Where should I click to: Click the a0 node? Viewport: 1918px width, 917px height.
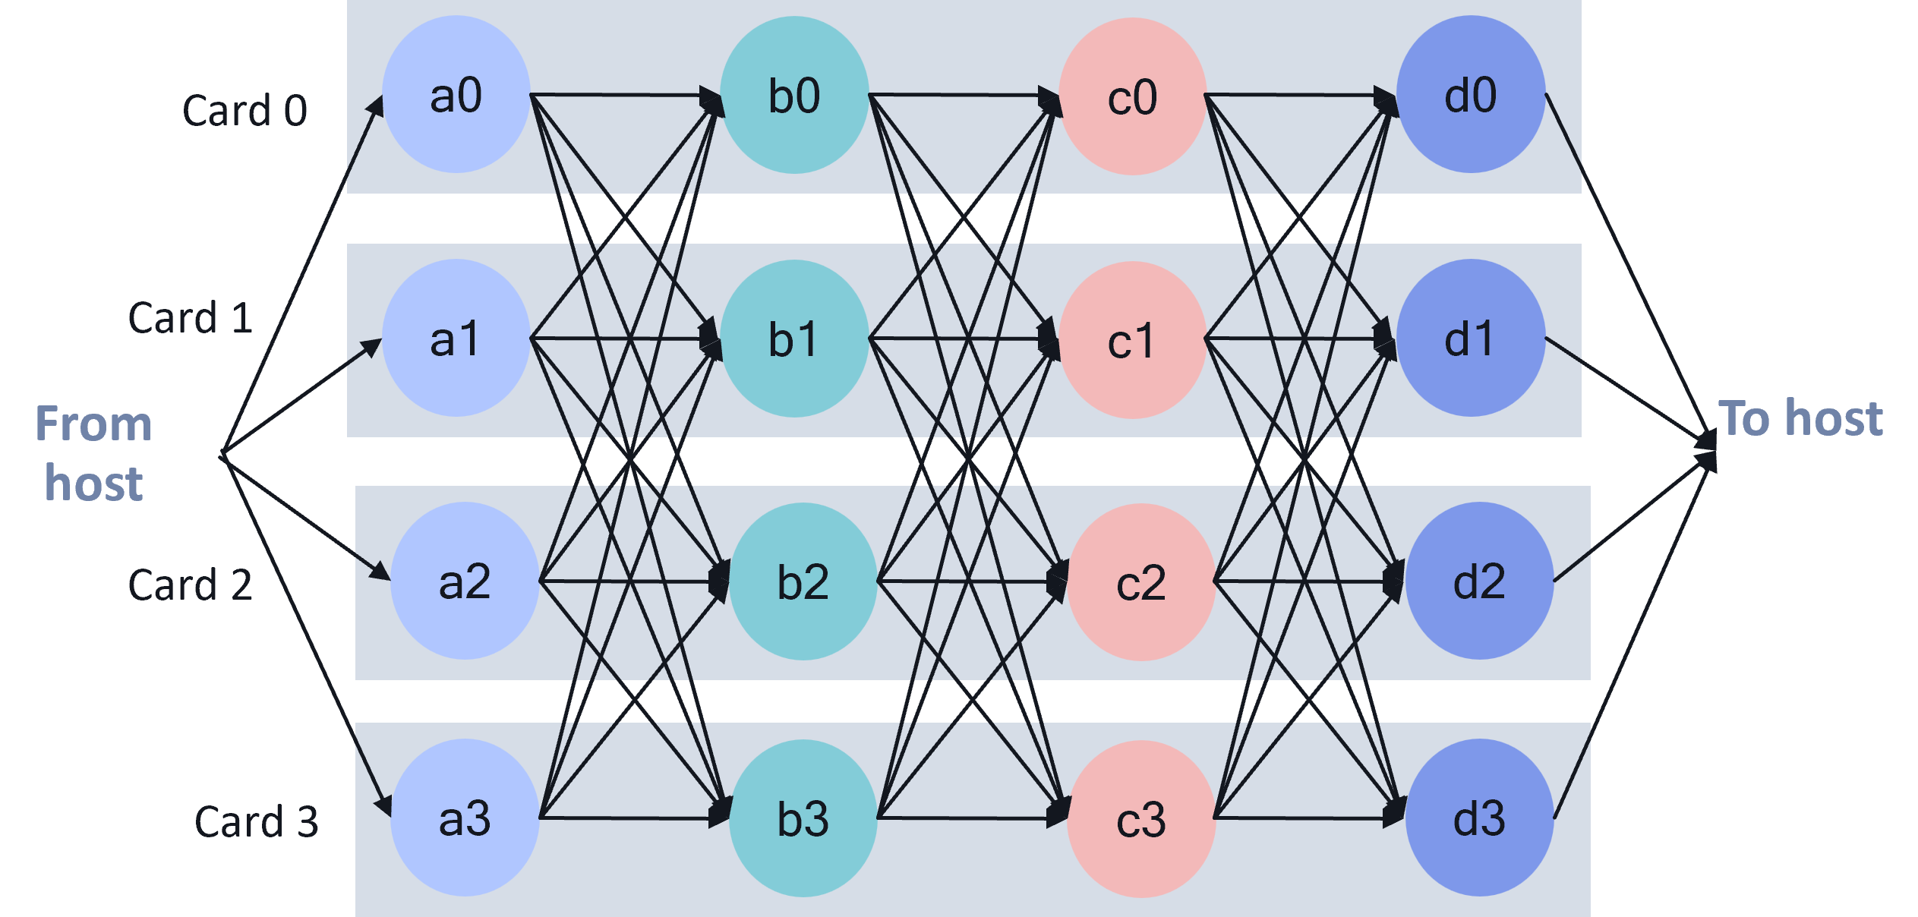456,95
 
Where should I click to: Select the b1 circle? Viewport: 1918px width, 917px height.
793,339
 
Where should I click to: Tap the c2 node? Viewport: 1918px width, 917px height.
1141,582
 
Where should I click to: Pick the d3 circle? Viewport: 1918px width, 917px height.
1479,818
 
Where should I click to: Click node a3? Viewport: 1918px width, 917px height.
465,818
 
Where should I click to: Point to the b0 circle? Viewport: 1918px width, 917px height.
794,95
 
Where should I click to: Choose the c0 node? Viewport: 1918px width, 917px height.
1132,96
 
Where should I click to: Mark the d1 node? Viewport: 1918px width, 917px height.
1470,339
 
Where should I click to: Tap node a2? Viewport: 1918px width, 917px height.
465,581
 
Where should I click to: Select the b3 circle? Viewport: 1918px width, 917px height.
803,818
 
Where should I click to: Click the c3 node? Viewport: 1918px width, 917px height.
1141,819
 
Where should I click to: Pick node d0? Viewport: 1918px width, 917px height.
1471,95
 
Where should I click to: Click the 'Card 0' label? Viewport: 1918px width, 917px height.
244,111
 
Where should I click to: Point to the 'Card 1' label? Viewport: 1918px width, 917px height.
190,317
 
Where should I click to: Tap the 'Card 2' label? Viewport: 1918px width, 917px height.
190,585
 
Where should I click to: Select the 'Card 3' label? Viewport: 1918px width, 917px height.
256,821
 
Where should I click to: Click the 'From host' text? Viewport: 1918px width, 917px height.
93,453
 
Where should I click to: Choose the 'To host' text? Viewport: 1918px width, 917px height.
1800,418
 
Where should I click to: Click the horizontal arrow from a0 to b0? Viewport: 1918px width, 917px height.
623,95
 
